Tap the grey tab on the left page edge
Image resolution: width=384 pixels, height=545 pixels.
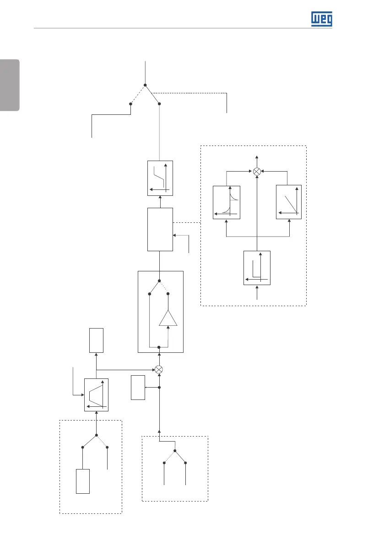tap(10, 85)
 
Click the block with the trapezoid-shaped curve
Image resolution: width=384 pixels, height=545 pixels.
tap(97, 395)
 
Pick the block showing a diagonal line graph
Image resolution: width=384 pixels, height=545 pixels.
tap(289, 202)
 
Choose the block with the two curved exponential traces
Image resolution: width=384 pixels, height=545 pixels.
tap(227, 202)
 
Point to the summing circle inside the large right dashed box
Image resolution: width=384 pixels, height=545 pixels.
tap(257, 171)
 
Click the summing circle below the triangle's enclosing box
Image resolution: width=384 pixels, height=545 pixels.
tap(159, 369)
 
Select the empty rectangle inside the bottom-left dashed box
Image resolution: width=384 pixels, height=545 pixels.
tap(83, 481)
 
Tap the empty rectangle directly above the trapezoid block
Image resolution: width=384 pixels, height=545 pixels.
tap(97, 340)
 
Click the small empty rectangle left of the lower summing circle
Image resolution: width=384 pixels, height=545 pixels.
tap(137, 388)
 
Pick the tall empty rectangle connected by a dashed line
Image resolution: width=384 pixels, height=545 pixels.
tap(160, 229)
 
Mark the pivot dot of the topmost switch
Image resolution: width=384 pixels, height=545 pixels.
tap(145, 85)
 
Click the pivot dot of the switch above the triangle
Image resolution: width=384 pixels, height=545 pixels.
tap(159, 281)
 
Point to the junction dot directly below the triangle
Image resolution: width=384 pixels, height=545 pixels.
tap(159, 348)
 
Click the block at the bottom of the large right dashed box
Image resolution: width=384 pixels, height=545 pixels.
tap(257, 267)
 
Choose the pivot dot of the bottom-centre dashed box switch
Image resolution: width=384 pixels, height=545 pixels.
tap(175, 451)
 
